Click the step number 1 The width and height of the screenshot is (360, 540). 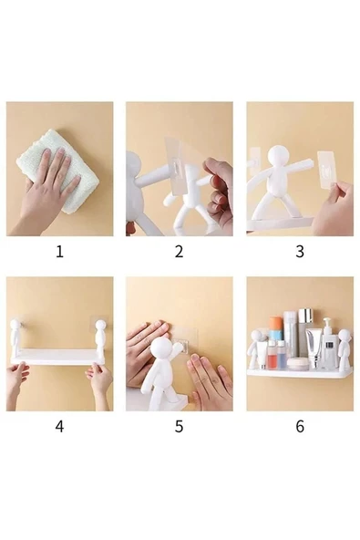(x=59, y=252)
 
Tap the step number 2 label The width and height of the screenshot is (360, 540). (x=179, y=252)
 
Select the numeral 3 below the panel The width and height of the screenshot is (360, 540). (x=299, y=252)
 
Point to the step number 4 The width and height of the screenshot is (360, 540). (x=59, y=426)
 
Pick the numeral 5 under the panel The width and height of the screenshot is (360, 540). (x=179, y=426)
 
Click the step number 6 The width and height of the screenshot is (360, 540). (x=299, y=426)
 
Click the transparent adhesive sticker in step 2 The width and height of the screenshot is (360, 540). (x=182, y=164)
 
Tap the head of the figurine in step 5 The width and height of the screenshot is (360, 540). (x=164, y=349)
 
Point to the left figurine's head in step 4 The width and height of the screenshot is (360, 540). (x=17, y=326)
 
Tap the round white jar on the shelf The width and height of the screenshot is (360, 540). (x=297, y=363)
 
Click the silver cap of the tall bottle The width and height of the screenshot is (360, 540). (x=303, y=317)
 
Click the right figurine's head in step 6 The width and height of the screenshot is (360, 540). (x=343, y=336)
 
